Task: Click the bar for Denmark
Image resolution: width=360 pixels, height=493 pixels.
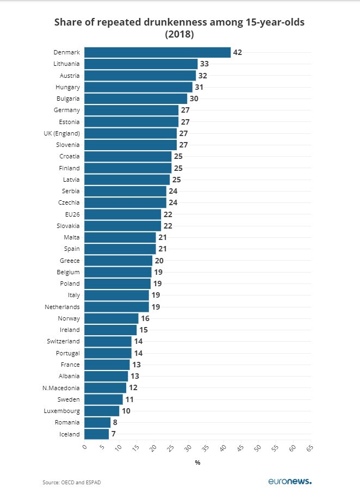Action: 157,52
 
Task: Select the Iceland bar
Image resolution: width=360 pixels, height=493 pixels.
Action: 96,434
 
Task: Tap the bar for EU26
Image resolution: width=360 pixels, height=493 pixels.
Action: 122,214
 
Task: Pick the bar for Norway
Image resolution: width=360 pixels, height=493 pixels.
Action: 111,318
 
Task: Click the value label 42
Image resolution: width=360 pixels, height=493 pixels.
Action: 237,52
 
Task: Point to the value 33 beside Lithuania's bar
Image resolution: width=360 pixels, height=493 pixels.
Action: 204,64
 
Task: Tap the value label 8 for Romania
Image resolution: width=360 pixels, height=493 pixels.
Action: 115,422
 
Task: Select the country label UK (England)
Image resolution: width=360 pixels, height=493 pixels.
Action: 62,133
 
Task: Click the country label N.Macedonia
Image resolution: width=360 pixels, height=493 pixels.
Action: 61,388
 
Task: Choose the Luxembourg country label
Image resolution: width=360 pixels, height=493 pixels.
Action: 62,411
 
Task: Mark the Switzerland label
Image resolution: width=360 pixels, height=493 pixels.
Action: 63,341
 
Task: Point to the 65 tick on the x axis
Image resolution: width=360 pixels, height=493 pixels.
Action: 309,448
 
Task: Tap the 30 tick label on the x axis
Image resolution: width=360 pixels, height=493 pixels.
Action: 188,448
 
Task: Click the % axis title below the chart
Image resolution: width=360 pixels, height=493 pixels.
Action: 197,463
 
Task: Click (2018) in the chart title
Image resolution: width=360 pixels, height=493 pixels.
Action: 179,34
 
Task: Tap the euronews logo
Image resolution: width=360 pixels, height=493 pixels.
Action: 290,481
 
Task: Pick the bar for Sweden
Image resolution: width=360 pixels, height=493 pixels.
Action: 103,399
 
